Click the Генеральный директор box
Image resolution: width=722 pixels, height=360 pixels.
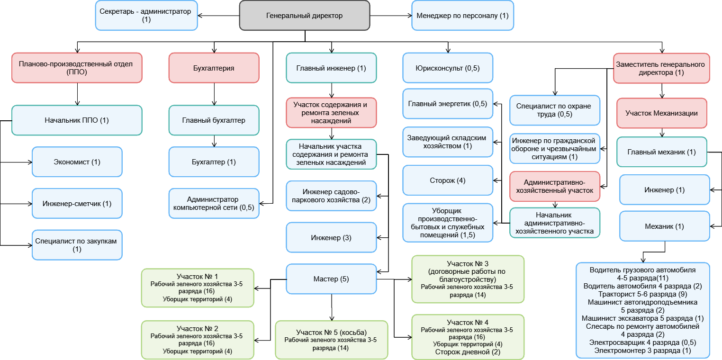[305, 16]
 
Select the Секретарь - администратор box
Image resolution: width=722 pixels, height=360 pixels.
[146, 16]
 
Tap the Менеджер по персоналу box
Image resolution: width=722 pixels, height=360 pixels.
[462, 16]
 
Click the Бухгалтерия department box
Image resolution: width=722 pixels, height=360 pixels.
[214, 68]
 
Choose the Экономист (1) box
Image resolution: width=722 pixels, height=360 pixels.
[77, 162]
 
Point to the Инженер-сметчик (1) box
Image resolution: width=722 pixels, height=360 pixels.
[77, 204]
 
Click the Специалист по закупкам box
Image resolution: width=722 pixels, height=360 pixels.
[77, 245]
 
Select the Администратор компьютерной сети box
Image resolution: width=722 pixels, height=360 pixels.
[214, 204]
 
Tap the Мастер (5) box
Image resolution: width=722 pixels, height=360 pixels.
[331, 279]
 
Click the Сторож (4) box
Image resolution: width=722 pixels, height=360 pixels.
[448, 180]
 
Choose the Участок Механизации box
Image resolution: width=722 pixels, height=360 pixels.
[662, 113]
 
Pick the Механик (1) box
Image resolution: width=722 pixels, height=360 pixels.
[665, 226]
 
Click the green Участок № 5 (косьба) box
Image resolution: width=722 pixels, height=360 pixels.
[331, 340]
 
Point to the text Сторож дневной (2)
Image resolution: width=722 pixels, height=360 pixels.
[468, 352]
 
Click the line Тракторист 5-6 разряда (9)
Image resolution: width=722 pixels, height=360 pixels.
[643, 294]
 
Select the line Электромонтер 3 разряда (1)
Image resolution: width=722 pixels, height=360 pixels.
[643, 351]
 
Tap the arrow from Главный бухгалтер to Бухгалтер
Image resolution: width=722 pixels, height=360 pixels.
[214, 141]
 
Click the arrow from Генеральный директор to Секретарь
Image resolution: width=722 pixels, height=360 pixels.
[218, 16]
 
